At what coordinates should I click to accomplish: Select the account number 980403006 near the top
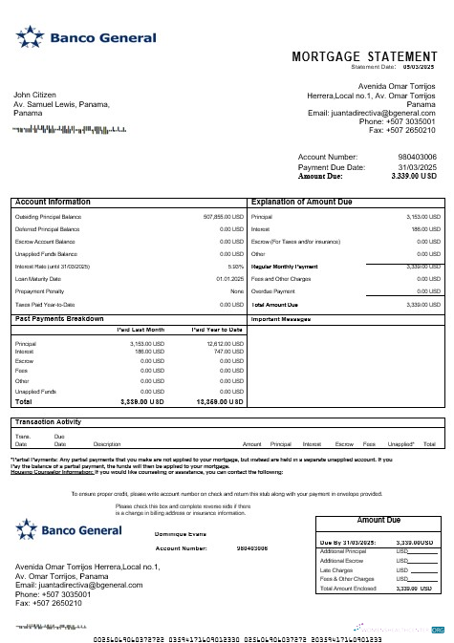pos(417,157)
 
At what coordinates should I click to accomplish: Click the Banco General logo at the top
pos(86,39)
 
